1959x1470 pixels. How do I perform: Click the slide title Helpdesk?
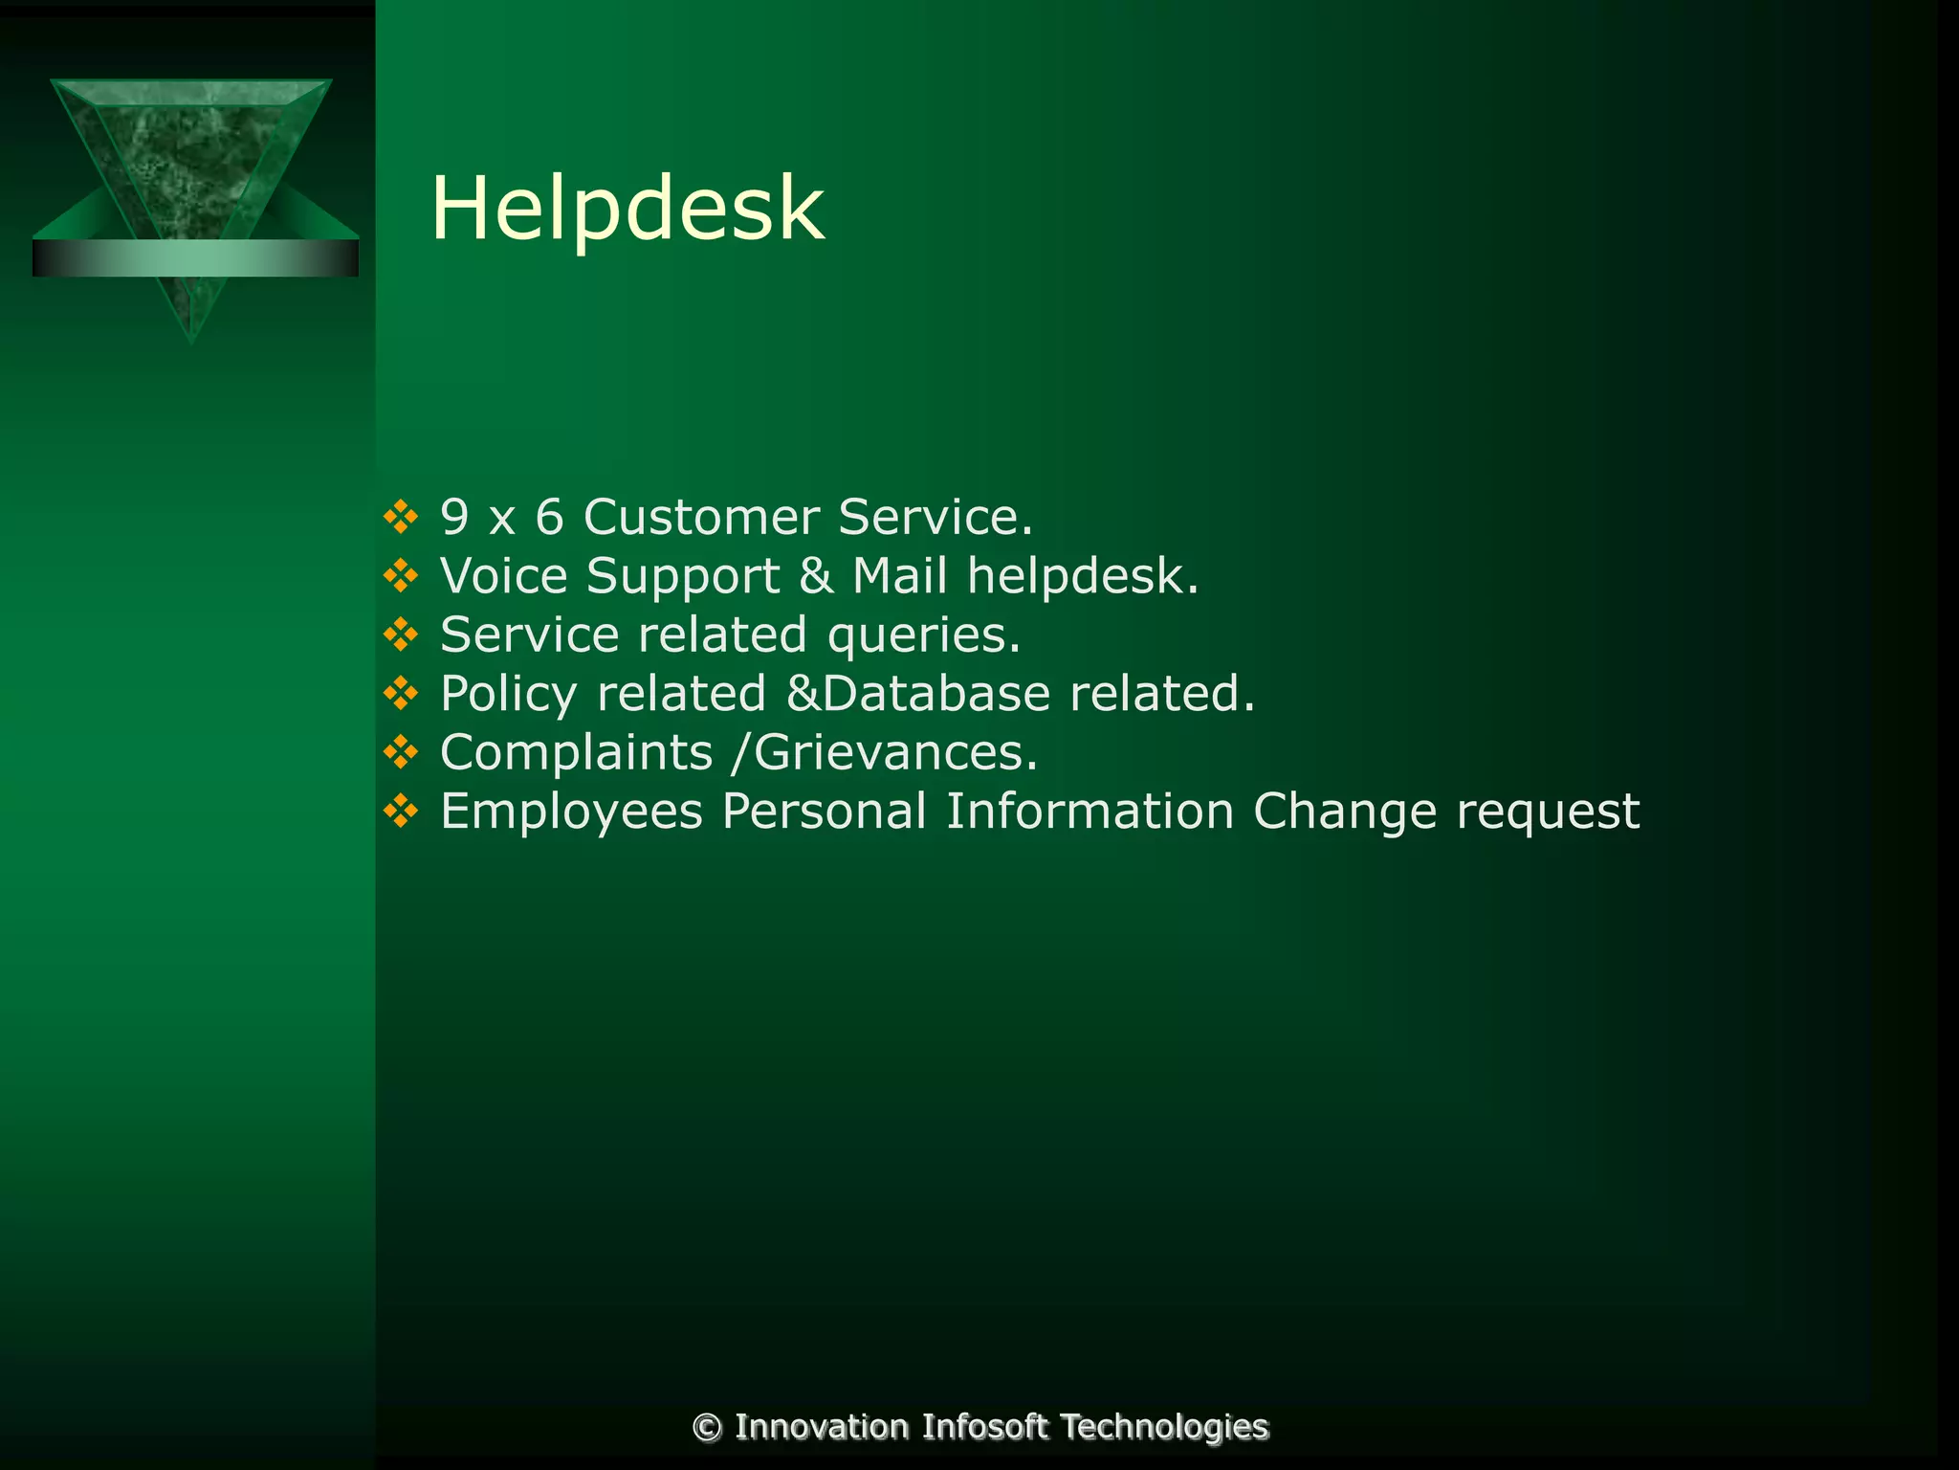(x=627, y=209)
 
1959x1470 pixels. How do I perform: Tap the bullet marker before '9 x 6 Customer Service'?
(x=401, y=517)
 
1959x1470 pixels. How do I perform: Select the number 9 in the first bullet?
(x=454, y=517)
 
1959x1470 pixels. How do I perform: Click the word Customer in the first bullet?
(x=701, y=517)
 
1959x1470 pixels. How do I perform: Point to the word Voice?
(x=503, y=576)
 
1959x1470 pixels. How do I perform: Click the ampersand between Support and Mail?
(x=816, y=576)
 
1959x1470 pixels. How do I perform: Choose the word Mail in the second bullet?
(x=900, y=576)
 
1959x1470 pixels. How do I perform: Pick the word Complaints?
(x=577, y=753)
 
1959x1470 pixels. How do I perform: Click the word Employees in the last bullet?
(x=572, y=812)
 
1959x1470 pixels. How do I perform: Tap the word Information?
(x=1090, y=812)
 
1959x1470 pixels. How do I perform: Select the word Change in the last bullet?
(x=1345, y=812)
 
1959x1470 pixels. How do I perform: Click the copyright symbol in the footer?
(x=707, y=1427)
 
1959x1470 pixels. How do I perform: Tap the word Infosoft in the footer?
(x=985, y=1427)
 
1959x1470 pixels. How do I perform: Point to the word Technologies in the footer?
(x=1164, y=1427)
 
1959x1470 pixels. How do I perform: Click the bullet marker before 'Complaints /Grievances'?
(x=401, y=753)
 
